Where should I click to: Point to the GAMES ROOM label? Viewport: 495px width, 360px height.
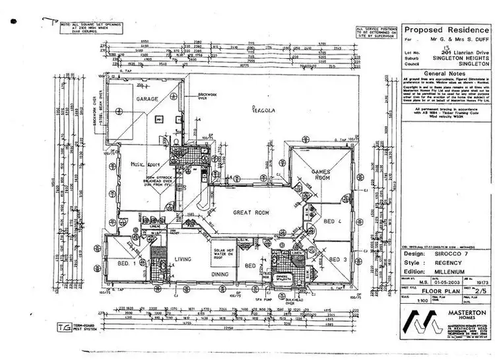(320, 175)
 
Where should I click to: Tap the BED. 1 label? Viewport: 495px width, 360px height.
(127, 263)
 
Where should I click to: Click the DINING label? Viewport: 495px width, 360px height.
(220, 273)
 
